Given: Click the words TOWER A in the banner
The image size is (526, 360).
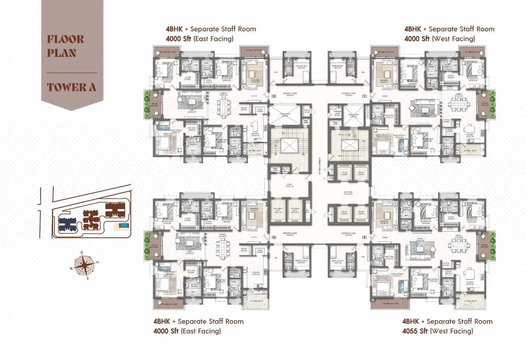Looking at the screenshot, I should click(x=72, y=87).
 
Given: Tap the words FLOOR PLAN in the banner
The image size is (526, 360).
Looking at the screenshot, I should click(x=66, y=46).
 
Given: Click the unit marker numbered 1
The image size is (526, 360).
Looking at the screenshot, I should click(x=364, y=96).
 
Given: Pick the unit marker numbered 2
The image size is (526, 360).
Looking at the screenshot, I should click(x=274, y=96).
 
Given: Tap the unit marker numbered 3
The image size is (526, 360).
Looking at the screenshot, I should click(x=364, y=238).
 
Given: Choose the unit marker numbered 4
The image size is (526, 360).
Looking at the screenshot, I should click(x=274, y=238).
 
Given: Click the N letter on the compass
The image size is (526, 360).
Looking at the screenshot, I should click(x=82, y=253).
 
